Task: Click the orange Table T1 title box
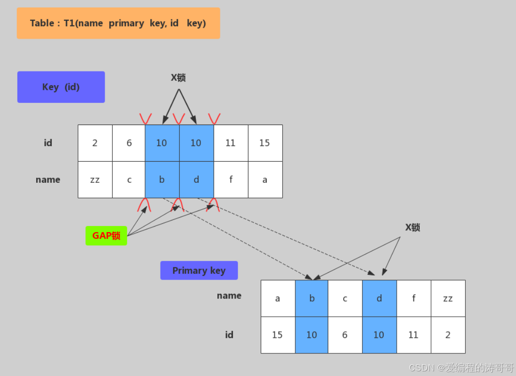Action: (118, 23)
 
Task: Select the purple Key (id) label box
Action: (61, 87)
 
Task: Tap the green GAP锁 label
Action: (106, 235)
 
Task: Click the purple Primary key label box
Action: (199, 270)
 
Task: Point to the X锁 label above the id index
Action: (178, 78)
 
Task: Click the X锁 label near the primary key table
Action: (413, 227)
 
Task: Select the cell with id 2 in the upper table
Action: (95, 143)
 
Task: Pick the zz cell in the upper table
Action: (95, 180)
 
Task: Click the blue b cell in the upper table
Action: (162, 180)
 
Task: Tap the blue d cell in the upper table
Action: (196, 180)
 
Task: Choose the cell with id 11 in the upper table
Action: (231, 143)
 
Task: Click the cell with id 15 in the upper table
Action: (265, 143)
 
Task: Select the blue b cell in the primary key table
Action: (312, 298)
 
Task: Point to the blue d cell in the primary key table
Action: (379, 298)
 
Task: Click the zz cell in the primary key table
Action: (448, 298)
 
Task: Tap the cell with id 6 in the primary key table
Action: (345, 335)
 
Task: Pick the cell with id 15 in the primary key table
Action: (277, 335)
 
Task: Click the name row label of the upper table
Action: (48, 180)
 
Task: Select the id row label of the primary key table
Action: (229, 335)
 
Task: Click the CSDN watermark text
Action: (461, 368)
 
